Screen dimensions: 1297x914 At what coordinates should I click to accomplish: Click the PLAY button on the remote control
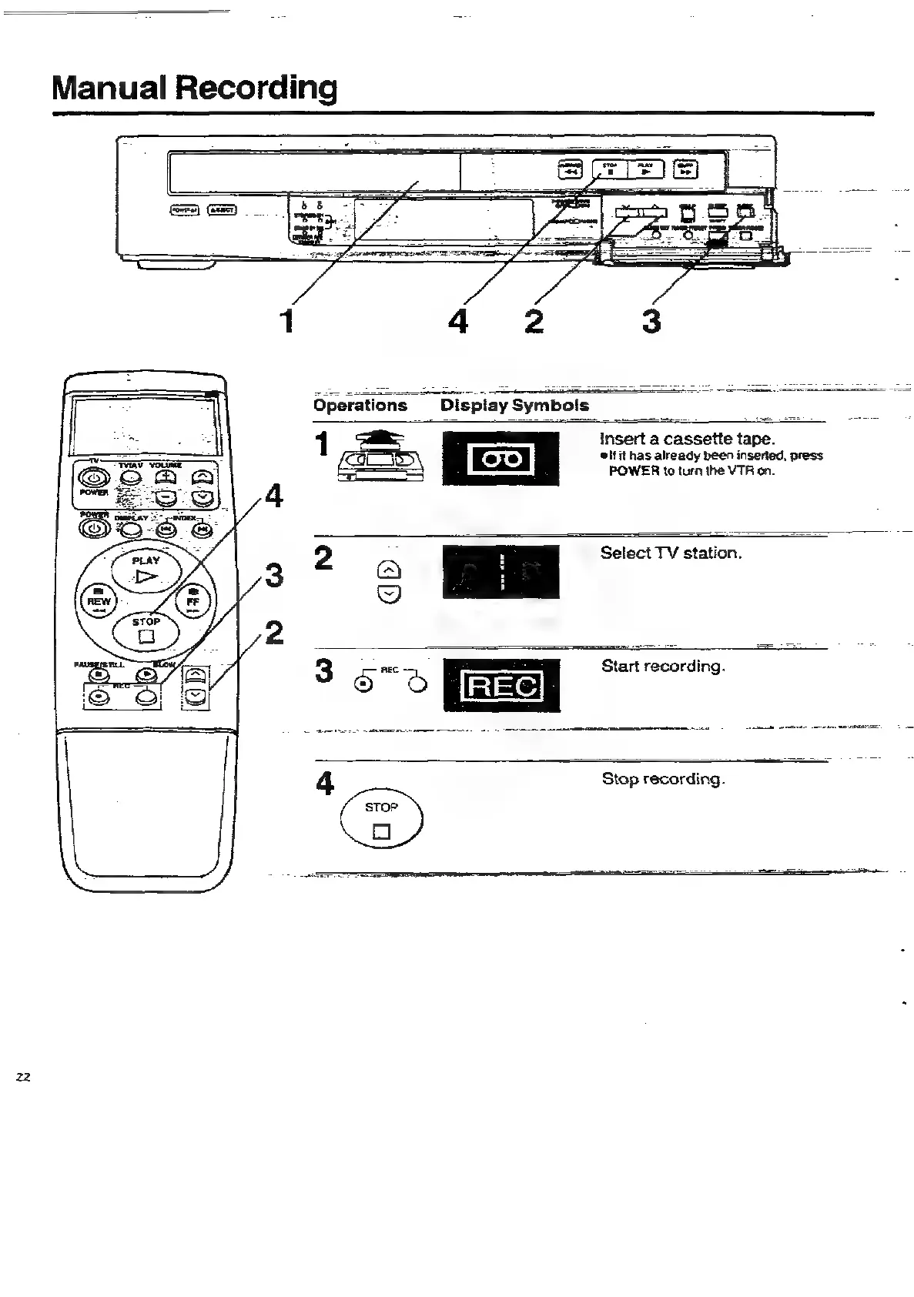click(x=146, y=570)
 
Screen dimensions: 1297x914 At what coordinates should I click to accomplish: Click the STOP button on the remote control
click(x=146, y=630)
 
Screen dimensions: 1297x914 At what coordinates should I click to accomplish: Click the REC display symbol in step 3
click(x=501, y=685)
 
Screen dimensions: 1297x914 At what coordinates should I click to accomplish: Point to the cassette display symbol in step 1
click(x=501, y=460)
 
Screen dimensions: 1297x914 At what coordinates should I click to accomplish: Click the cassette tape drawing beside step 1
click(x=380, y=460)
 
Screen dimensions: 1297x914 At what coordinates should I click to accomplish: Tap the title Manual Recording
click(x=194, y=88)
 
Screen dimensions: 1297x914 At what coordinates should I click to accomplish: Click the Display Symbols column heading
click(x=514, y=406)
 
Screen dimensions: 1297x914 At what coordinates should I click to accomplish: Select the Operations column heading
click(x=360, y=406)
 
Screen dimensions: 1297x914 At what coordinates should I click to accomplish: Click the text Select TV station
click(x=671, y=553)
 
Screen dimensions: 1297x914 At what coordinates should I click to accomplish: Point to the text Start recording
click(x=663, y=666)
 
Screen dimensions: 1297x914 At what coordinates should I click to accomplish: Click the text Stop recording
click(x=663, y=779)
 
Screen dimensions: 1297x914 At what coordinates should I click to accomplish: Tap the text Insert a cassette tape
click(x=686, y=439)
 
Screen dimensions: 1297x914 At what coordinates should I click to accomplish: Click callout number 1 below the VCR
click(x=286, y=320)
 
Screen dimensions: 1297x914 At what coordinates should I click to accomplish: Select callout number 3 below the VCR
click(x=651, y=320)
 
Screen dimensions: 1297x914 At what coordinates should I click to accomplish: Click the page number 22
click(x=23, y=1078)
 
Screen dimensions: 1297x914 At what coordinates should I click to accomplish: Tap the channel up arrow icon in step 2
click(x=390, y=570)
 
